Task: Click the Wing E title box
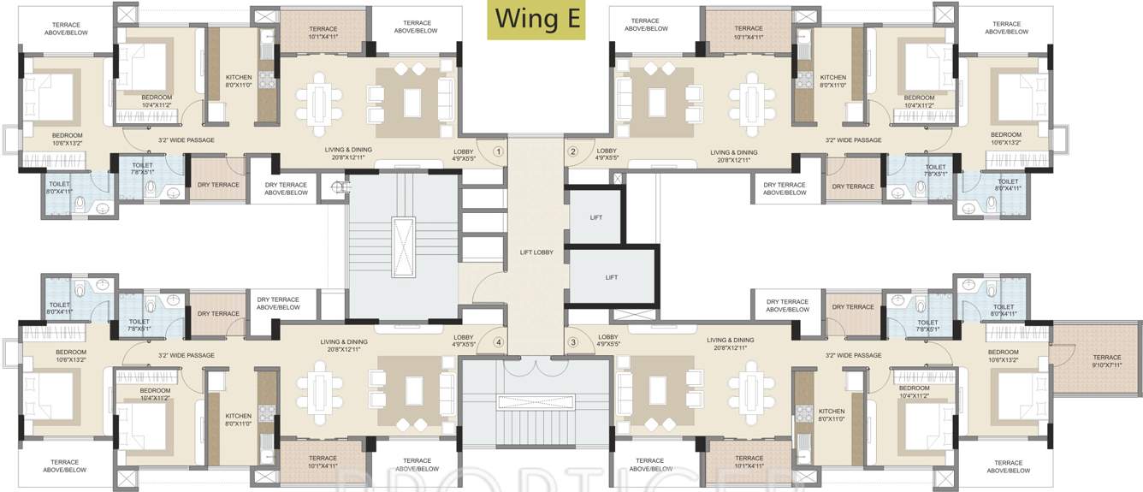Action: (536, 19)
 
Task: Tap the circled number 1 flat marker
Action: (498, 151)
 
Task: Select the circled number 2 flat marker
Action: (573, 151)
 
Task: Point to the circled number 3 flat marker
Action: (573, 343)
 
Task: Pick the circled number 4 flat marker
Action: (498, 343)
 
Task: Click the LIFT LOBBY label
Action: (536, 252)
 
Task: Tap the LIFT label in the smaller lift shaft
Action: (596, 217)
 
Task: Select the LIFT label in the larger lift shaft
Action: (611, 277)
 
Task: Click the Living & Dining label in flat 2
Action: (734, 156)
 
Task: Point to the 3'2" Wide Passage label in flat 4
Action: (187, 355)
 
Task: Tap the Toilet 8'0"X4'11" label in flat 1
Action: (59, 187)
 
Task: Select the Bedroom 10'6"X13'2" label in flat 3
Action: (1004, 356)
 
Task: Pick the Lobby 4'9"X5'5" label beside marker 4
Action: (463, 341)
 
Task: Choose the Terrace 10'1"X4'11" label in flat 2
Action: (749, 33)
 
